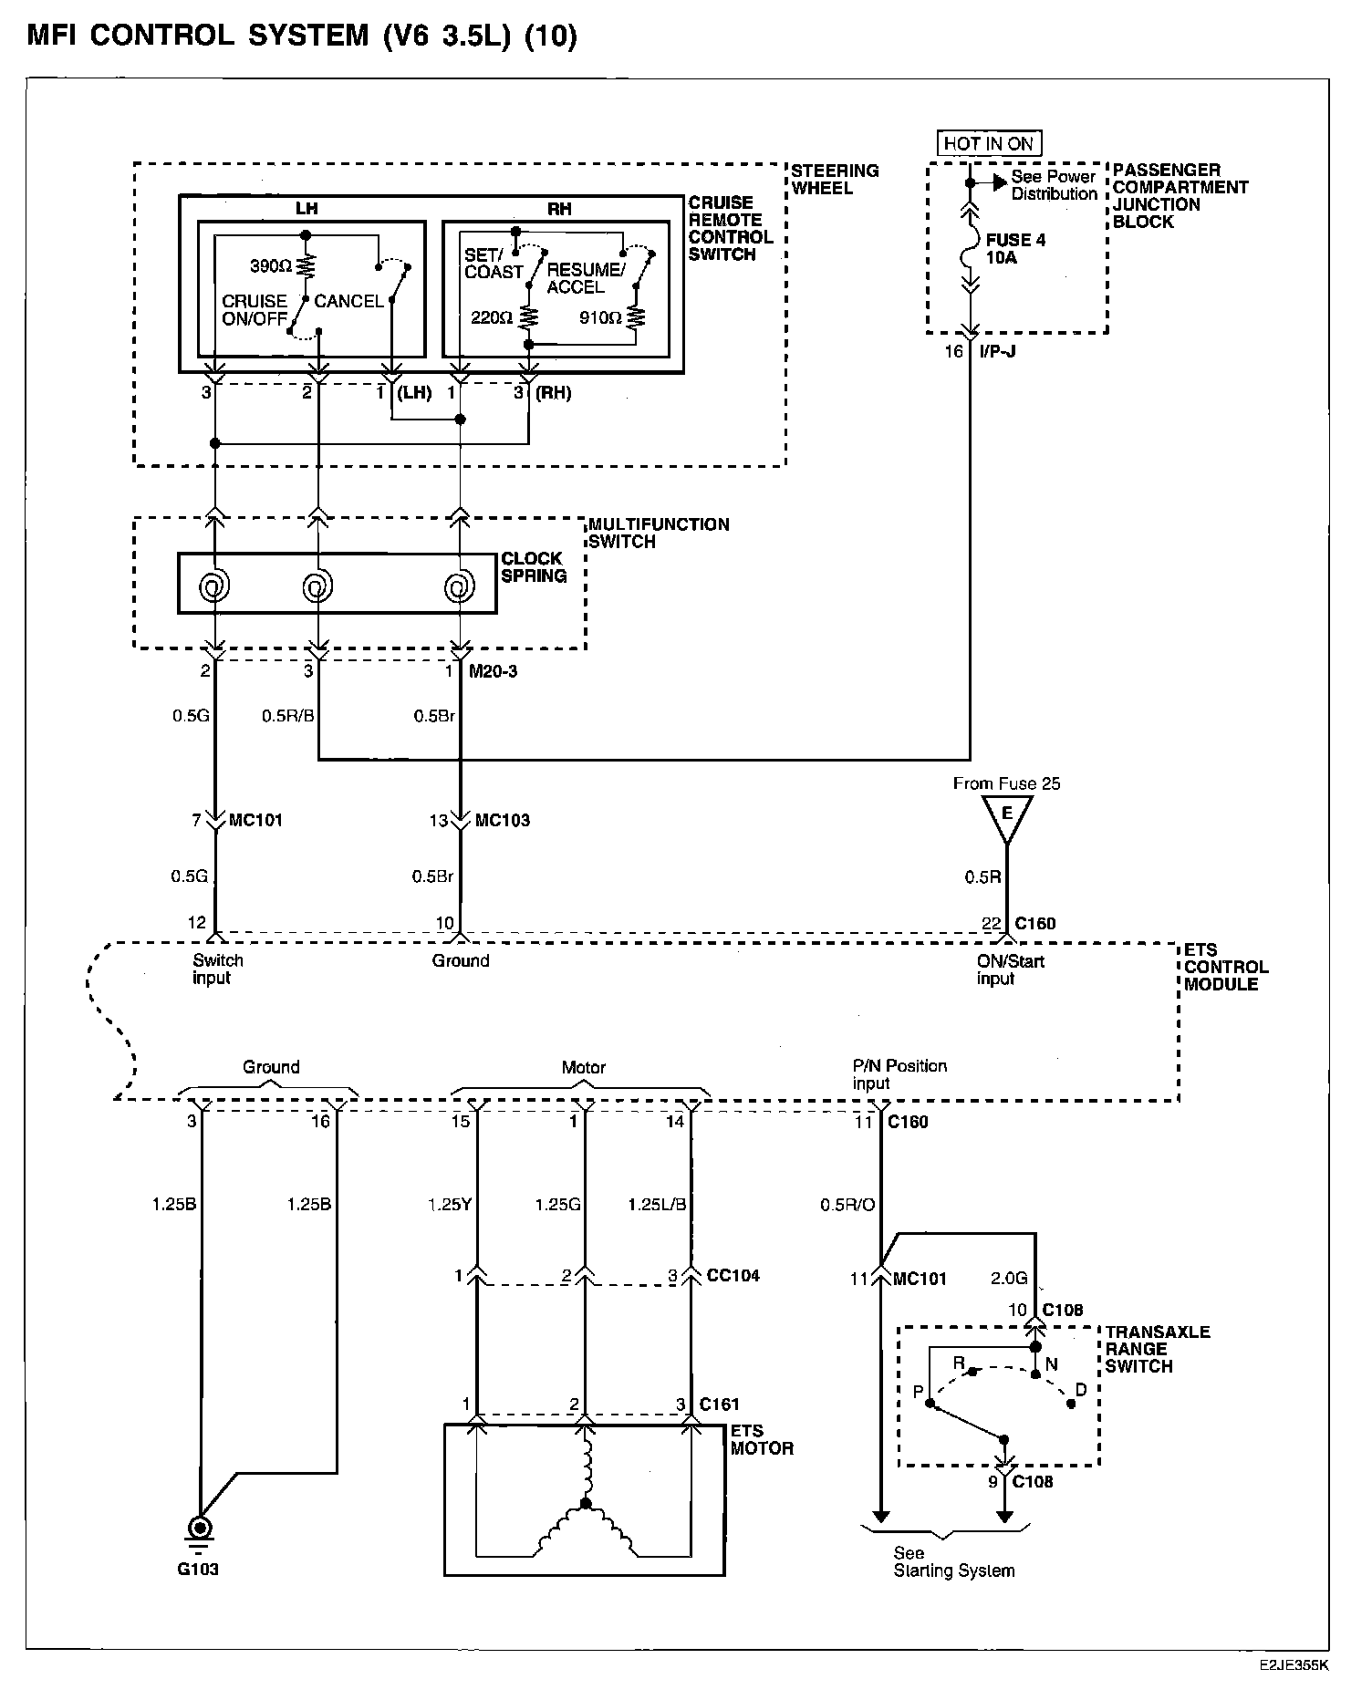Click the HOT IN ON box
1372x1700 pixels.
[x=988, y=143]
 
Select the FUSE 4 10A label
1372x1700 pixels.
[x=1014, y=249]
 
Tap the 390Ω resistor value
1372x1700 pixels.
[x=271, y=266]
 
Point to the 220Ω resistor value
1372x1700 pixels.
[x=492, y=317]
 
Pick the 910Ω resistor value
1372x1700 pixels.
[x=600, y=317]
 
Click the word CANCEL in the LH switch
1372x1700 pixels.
[x=348, y=301]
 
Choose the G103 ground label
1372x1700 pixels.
[x=198, y=1570]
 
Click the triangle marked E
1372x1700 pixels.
[x=1007, y=814]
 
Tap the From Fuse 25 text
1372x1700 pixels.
[x=1006, y=783]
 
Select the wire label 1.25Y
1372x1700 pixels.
[x=449, y=1205]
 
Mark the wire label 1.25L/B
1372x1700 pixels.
[x=657, y=1205]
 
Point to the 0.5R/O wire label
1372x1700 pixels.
[x=847, y=1205]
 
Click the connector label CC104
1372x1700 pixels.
[x=733, y=1275]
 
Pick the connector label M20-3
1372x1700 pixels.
[x=493, y=672]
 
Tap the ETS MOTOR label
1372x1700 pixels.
[x=761, y=1439]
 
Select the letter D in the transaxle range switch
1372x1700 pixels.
[x=1081, y=1390]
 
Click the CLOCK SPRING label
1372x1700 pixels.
[x=534, y=567]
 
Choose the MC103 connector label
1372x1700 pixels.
[x=502, y=820]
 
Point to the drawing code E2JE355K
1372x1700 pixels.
[x=1294, y=1664]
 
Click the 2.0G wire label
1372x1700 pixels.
[x=1009, y=1279]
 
